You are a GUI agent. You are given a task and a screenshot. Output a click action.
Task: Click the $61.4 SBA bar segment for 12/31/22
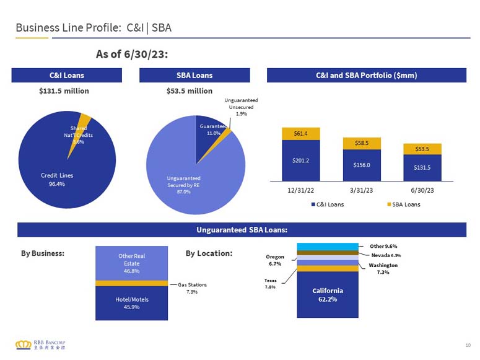pyautogui.click(x=300, y=134)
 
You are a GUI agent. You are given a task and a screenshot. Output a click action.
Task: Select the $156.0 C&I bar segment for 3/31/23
pyautogui.click(x=362, y=165)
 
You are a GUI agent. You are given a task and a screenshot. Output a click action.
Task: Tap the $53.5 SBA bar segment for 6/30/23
pyautogui.click(x=422, y=149)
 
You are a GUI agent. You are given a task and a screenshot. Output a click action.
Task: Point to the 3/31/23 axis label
pyautogui.click(x=361, y=190)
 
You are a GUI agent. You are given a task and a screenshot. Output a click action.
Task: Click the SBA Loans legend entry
pyautogui.click(x=403, y=204)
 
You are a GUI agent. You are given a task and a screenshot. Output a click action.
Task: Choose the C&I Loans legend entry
pyautogui.click(x=327, y=204)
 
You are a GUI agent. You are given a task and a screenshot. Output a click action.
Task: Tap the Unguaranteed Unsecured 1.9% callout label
pyautogui.click(x=241, y=107)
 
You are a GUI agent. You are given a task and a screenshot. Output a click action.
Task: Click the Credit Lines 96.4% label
pyautogui.click(x=57, y=180)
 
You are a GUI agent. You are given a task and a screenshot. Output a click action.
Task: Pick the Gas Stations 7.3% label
pyautogui.click(x=192, y=288)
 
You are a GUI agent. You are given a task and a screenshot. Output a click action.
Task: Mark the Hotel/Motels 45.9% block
pyautogui.click(x=132, y=303)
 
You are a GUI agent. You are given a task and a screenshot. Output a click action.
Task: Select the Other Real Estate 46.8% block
pyautogui.click(x=132, y=263)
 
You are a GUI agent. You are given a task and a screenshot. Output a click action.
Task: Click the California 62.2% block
pyautogui.click(x=328, y=294)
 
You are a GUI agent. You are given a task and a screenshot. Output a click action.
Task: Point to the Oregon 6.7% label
pyautogui.click(x=275, y=260)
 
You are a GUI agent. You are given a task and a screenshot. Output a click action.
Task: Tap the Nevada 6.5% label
pyautogui.click(x=386, y=255)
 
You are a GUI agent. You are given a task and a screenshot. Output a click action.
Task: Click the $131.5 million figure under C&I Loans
pyautogui.click(x=64, y=91)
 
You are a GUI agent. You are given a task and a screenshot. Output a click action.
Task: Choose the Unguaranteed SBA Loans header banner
pyautogui.click(x=242, y=230)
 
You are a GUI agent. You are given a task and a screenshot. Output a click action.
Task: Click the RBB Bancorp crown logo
pyautogui.click(x=24, y=345)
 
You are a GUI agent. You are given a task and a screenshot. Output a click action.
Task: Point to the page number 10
pyautogui.click(x=468, y=345)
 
